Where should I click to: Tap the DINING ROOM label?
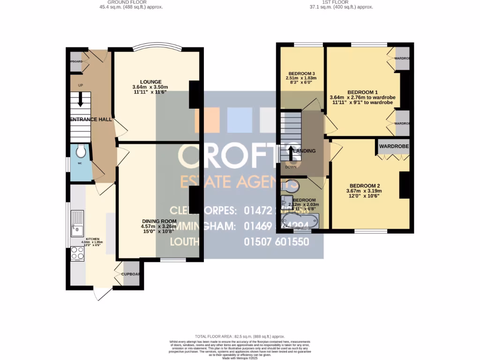[159, 221]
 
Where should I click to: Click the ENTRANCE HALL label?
[91, 120]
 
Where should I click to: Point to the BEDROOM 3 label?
[301, 73]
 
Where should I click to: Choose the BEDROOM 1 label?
[362, 92]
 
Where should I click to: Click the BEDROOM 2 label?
[364, 186]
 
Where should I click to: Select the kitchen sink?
[76, 224]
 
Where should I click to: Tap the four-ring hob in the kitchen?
[76, 254]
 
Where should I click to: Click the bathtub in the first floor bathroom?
[300, 220]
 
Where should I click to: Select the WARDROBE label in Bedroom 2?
[394, 147]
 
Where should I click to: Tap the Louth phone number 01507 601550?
[277, 242]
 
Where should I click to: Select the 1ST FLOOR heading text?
[335, 2]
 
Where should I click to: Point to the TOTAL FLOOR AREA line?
[240, 337]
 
